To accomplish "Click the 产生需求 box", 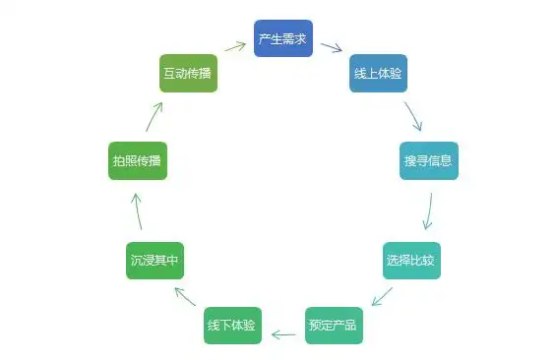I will point(283,38).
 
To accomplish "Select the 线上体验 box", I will point(378,74).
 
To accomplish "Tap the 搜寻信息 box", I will point(429,160).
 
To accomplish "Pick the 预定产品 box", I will point(334,325).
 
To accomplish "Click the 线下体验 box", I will point(233,325).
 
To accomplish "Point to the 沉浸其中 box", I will point(155,260).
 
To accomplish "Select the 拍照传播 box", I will point(138,160).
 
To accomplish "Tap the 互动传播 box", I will point(188,74).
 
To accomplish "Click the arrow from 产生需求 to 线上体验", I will point(331,47).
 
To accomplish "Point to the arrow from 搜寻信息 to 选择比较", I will point(428,210).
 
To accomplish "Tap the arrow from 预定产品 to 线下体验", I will point(283,334).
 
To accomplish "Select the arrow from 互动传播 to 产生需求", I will point(235,45).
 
